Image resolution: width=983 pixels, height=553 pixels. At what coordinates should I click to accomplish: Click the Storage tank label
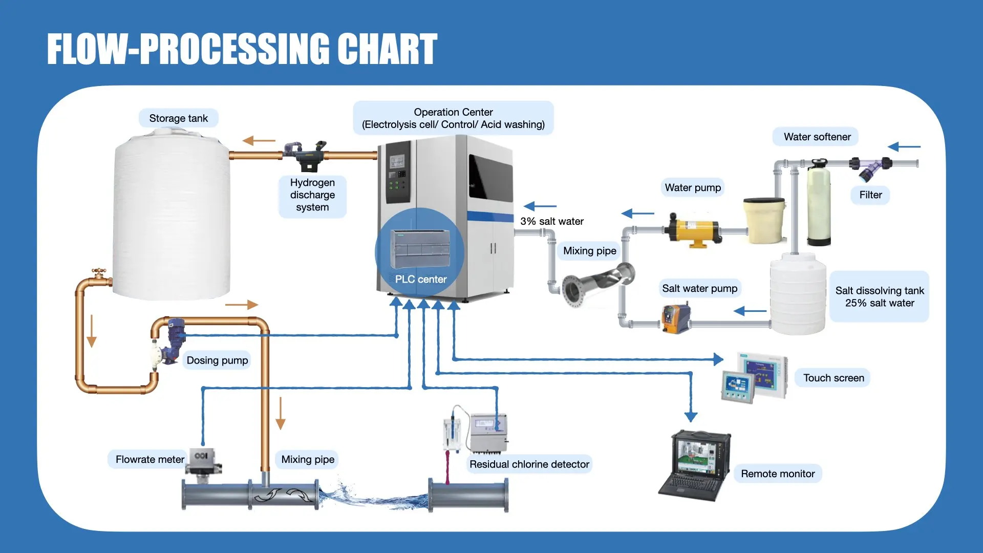(x=178, y=118)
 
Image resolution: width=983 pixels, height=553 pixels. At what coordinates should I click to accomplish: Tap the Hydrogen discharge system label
(x=312, y=195)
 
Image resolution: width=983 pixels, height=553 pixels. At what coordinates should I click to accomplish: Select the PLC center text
(x=421, y=279)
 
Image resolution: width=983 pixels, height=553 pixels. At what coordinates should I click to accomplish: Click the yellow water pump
(x=693, y=230)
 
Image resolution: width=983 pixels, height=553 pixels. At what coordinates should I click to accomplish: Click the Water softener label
(x=817, y=137)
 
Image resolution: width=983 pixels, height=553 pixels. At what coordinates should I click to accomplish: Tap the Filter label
(x=870, y=195)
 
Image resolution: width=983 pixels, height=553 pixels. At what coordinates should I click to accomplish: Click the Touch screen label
(x=833, y=378)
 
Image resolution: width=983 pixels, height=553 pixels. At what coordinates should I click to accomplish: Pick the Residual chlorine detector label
(x=529, y=464)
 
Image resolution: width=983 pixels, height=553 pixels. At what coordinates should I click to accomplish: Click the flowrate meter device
(x=204, y=463)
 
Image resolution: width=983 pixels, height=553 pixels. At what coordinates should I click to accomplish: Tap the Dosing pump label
(x=217, y=360)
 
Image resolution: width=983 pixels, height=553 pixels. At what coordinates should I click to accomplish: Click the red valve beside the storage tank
(x=99, y=272)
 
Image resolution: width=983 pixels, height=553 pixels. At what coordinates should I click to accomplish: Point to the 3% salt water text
(x=552, y=221)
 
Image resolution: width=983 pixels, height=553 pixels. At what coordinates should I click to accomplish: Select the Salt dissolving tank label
(x=880, y=296)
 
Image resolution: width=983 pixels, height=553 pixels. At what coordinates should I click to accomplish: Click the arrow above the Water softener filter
(x=904, y=147)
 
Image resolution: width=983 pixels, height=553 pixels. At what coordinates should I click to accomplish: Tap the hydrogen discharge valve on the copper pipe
(x=306, y=155)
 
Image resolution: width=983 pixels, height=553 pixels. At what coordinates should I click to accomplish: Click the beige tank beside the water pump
(x=764, y=221)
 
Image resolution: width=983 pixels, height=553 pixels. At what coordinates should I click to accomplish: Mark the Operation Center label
(x=453, y=118)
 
